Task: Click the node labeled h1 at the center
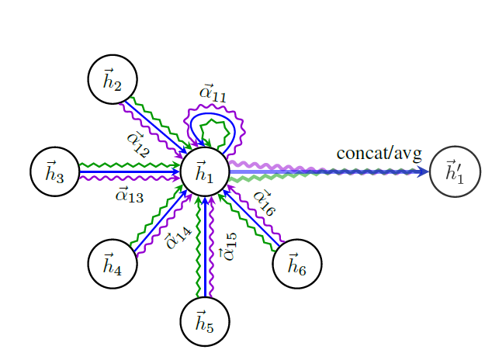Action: click(x=205, y=171)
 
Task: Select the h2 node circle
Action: click(x=113, y=79)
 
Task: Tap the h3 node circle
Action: click(x=54, y=171)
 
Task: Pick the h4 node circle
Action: click(x=113, y=264)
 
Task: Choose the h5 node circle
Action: click(x=205, y=321)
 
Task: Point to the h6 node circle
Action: click(x=297, y=264)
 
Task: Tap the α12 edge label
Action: click(x=138, y=143)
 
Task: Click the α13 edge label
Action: click(x=129, y=195)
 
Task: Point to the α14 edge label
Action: click(x=178, y=236)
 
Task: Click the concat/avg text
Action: click(x=378, y=153)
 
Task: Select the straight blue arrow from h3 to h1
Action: click(x=128, y=171)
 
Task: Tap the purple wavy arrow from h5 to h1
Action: click(x=211, y=248)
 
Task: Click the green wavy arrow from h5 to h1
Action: click(x=199, y=248)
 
